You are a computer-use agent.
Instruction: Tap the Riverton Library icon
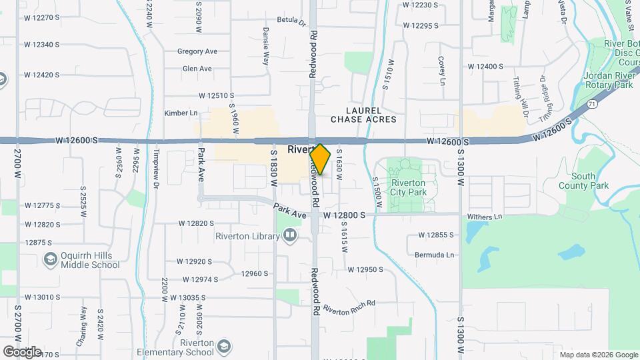click(x=290, y=235)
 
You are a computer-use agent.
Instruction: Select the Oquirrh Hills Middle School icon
click(x=50, y=259)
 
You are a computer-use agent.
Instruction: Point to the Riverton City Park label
click(x=409, y=187)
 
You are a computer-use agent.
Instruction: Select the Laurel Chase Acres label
click(x=363, y=115)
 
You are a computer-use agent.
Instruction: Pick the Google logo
click(x=22, y=351)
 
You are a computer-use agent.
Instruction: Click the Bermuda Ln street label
click(x=434, y=255)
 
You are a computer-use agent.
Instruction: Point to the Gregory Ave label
click(x=197, y=51)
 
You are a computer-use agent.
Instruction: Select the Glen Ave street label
click(x=197, y=69)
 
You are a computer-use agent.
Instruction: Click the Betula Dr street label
click(x=291, y=21)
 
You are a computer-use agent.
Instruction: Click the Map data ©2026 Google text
click(x=598, y=355)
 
